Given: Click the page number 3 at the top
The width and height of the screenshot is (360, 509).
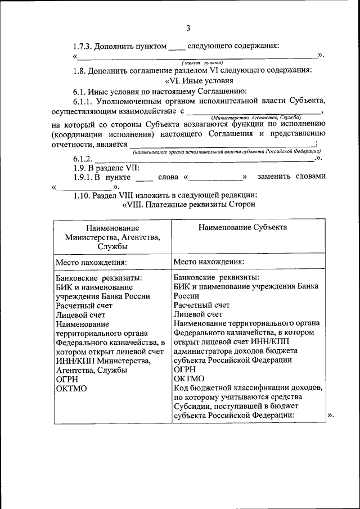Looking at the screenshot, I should tap(189, 28).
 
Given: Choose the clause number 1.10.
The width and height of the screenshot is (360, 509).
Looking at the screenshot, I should tap(82, 195).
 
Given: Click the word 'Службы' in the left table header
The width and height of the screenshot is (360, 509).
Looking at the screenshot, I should tap(112, 246).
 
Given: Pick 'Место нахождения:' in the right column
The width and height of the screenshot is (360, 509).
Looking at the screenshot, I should tap(209, 262).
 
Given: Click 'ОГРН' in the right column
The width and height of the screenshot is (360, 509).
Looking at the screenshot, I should tap(185, 369).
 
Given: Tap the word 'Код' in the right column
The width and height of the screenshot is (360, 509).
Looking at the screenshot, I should tap(182, 388).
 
